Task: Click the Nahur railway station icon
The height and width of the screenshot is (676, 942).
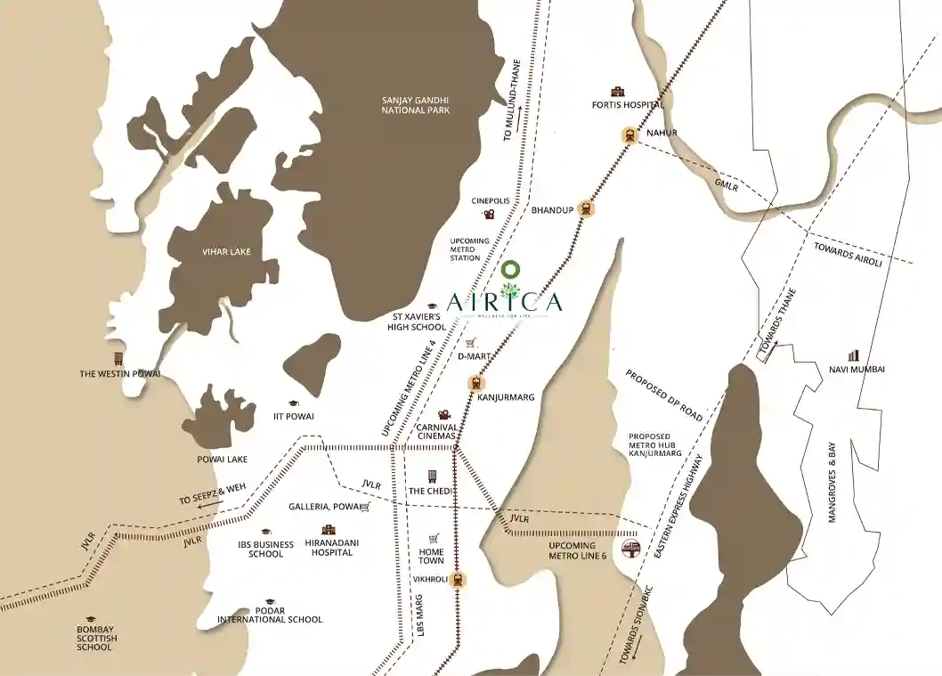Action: [x=629, y=135]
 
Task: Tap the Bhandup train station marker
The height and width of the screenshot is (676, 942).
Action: [x=585, y=208]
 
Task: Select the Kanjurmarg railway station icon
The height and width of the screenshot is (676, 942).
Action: [x=475, y=384]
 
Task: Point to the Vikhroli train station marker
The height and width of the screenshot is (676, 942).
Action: [x=459, y=580]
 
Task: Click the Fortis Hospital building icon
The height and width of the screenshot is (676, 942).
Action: [x=616, y=91]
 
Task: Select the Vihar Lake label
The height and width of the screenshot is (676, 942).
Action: [x=226, y=252]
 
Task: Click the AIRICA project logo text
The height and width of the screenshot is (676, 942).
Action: [x=505, y=302]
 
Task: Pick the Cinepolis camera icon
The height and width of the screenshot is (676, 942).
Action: [x=489, y=214]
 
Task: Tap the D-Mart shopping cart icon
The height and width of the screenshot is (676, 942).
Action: [x=470, y=343]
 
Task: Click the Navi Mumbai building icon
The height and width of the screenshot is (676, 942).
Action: [x=855, y=355]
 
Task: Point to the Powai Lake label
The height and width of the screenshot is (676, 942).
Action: [x=223, y=460]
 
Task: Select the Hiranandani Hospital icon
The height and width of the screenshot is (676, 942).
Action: [x=329, y=530]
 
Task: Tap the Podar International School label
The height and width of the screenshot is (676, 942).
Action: [x=270, y=619]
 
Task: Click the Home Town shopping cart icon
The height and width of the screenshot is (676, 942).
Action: [x=434, y=539]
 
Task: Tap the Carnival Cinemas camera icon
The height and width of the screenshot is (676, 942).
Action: [x=443, y=415]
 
